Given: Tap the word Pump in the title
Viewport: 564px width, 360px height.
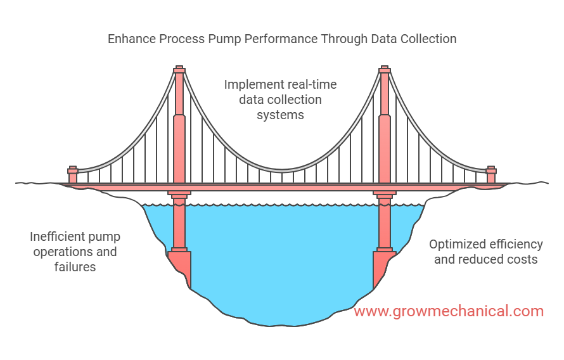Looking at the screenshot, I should click(223, 39).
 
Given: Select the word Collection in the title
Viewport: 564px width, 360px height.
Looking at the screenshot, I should click(427, 39).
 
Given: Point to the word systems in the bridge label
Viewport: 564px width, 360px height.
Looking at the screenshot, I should click(280, 115).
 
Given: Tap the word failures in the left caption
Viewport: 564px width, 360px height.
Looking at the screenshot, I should click(75, 266).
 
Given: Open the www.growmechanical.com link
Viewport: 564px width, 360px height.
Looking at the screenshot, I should click(449, 311).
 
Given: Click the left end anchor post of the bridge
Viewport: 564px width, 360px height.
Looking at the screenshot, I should click(73, 175).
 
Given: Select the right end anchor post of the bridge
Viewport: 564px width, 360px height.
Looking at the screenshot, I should click(490, 175).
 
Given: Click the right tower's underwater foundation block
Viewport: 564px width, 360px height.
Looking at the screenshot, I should click(383, 266).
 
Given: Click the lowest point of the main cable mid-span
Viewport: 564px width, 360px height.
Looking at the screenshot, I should click(282, 170).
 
